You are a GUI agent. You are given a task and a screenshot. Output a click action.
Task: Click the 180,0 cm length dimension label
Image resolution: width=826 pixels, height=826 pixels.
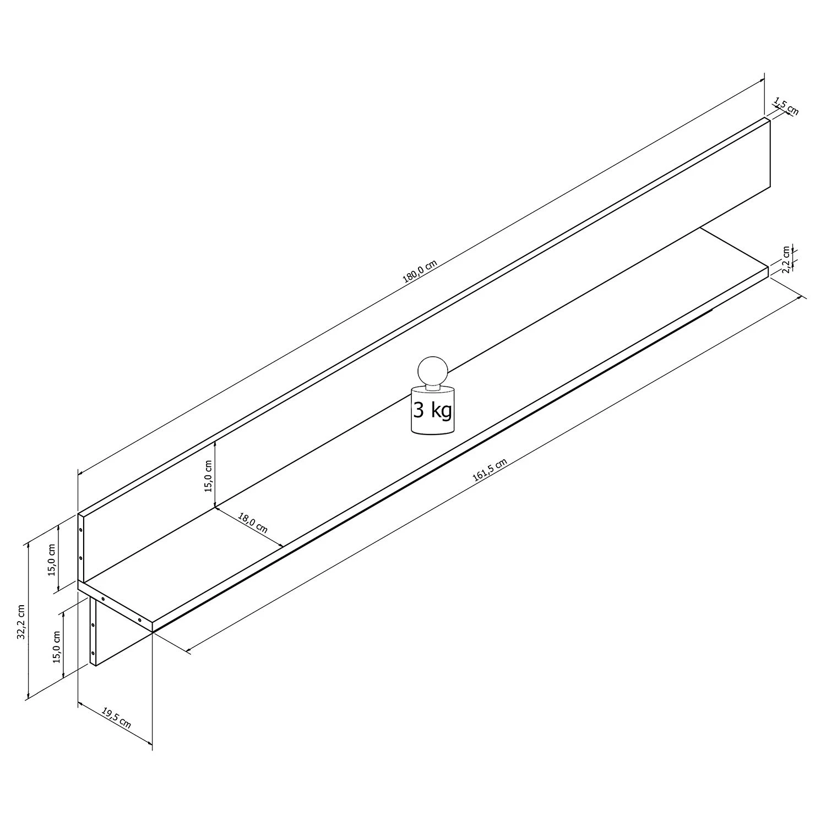(x=420, y=271)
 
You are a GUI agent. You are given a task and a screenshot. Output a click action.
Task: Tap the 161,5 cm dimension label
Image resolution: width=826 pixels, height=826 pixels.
(x=490, y=470)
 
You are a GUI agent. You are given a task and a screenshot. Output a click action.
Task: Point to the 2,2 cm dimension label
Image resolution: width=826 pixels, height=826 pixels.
(x=788, y=259)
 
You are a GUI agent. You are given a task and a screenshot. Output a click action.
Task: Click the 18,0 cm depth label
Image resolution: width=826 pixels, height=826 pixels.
(x=253, y=523)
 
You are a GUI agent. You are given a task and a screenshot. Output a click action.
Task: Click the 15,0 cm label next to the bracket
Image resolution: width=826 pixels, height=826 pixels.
(x=56, y=646)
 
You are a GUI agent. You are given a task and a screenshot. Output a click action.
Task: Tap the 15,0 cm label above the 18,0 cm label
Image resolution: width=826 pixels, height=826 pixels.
(x=209, y=475)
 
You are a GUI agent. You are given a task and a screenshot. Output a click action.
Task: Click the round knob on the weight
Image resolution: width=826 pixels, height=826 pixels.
(x=432, y=370)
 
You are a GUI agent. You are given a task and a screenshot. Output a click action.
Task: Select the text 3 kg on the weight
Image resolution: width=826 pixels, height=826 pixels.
(x=433, y=410)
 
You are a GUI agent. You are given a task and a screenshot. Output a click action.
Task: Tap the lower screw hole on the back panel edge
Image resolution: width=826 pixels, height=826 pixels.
(x=81, y=558)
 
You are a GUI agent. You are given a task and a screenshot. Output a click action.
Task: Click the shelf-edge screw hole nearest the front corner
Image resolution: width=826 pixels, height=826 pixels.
(x=140, y=621)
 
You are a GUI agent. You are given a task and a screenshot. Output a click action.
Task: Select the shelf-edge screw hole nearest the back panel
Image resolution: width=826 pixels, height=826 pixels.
(x=103, y=599)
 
